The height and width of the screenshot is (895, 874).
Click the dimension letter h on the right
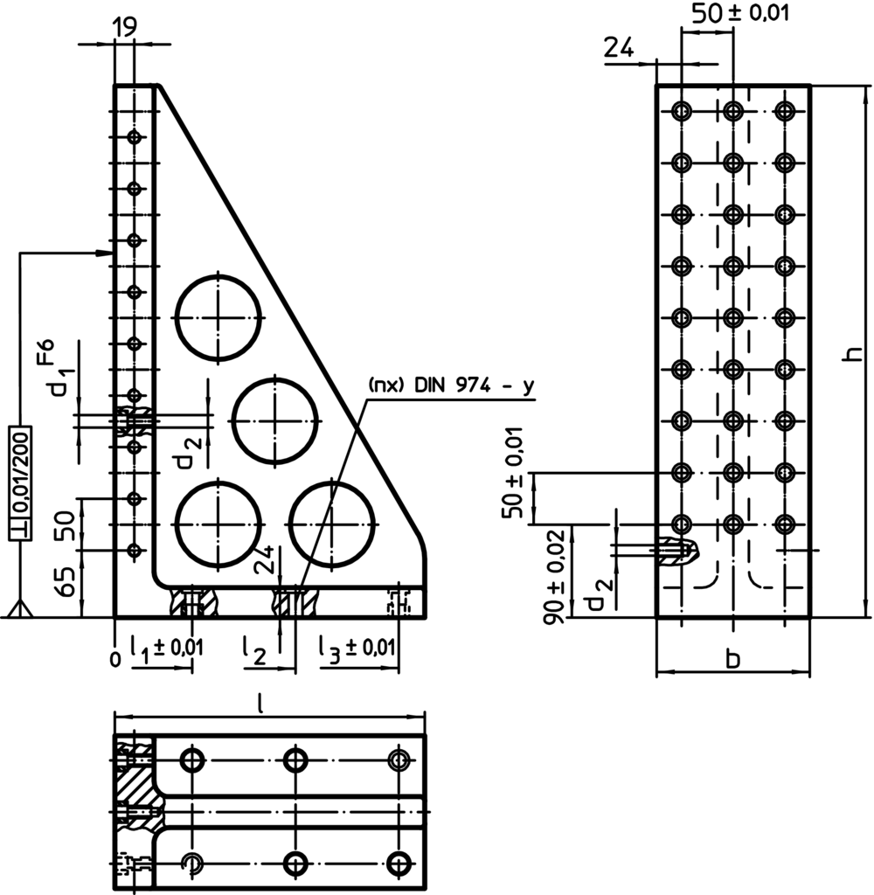tap(857, 352)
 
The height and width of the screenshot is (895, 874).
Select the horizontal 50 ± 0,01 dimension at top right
tap(729, 13)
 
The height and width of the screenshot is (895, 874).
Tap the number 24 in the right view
tap(619, 48)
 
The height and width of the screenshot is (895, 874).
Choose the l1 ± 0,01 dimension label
tap(166, 649)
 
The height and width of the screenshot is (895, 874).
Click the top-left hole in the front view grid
tap(682, 111)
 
